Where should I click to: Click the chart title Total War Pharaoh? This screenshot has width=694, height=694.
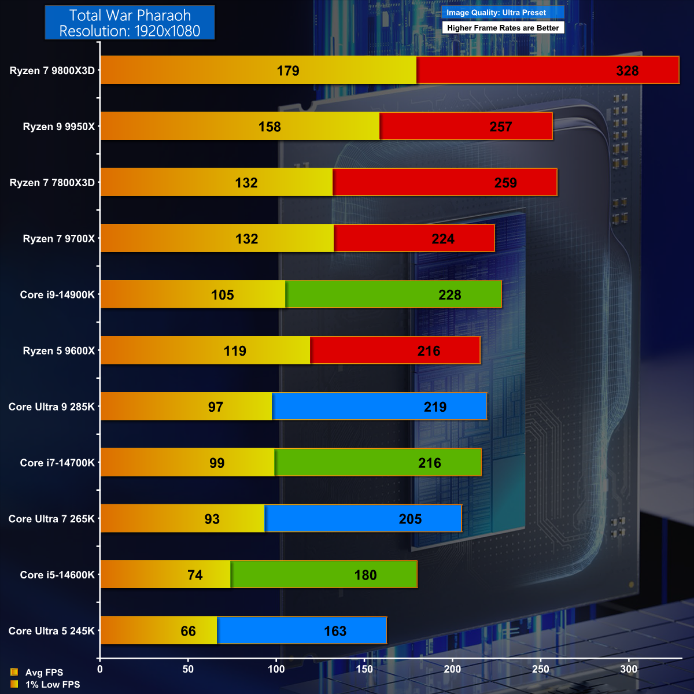[x=130, y=16]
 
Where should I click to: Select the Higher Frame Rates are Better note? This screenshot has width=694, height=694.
[x=503, y=28]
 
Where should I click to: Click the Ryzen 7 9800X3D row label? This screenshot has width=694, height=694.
[x=52, y=71]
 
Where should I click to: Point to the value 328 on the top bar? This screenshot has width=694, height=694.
[x=627, y=71]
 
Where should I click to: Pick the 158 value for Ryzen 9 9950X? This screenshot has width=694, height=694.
[x=270, y=127]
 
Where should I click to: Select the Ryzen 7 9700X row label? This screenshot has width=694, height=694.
[x=58, y=239]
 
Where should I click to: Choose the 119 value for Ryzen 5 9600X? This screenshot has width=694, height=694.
[x=235, y=351]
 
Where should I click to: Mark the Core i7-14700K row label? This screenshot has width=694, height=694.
[x=57, y=463]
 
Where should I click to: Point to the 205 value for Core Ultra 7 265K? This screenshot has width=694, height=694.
[x=410, y=519]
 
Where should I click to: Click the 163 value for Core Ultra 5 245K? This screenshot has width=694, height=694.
[x=335, y=631]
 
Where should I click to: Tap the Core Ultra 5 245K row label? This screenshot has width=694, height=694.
[x=51, y=631]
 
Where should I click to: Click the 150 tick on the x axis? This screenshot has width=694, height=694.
[x=364, y=669]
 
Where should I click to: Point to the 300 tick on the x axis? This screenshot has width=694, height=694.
[x=629, y=669]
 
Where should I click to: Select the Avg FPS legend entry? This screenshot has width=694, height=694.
[x=44, y=673]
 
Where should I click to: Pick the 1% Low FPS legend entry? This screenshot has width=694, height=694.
[x=52, y=685]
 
